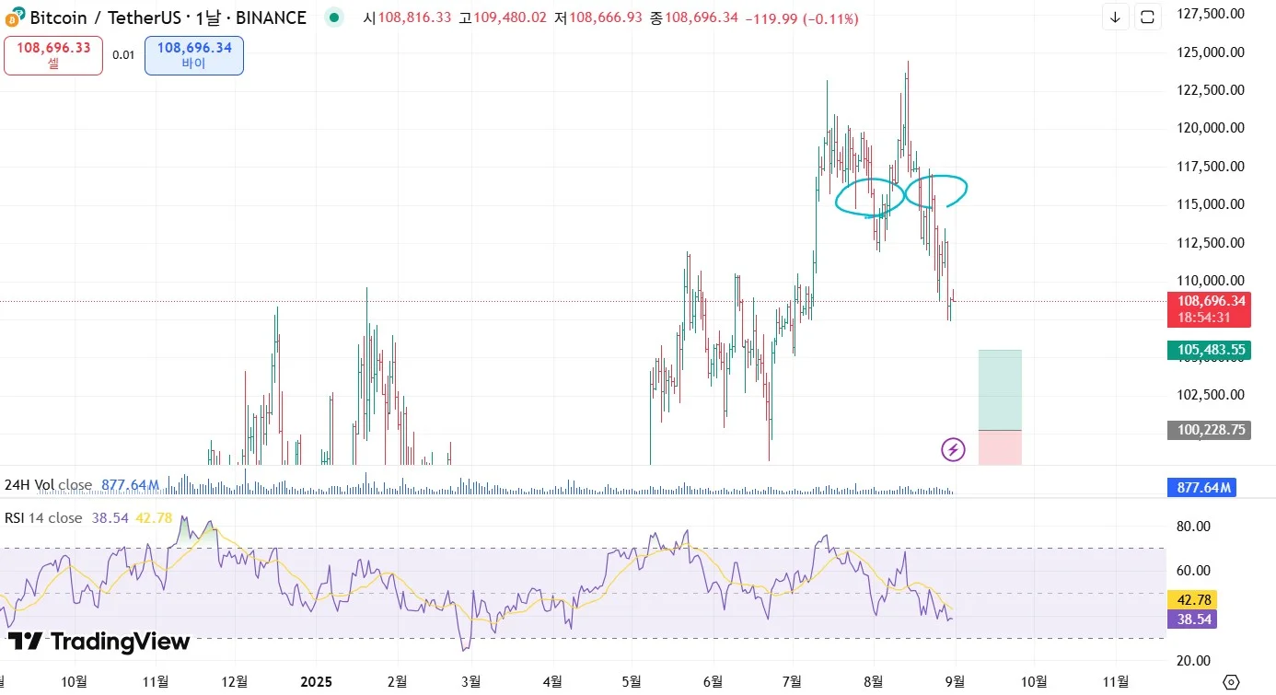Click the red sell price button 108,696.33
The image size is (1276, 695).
coord(53,54)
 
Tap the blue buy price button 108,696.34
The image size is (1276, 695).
coord(193,54)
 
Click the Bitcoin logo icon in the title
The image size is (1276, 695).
coord(14,17)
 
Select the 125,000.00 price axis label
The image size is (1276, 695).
coord(1211,52)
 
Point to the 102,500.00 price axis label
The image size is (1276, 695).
coord(1211,395)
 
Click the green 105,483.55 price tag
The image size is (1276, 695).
coord(1208,350)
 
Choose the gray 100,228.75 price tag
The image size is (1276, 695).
coord(1208,430)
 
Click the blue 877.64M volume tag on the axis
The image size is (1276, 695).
coord(1201,487)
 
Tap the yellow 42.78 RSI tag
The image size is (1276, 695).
coord(1191,599)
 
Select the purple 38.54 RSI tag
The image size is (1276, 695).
coord(1191,620)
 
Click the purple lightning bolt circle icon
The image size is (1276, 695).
coord(953,449)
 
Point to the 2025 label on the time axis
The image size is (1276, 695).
coord(316,681)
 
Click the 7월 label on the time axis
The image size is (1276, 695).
coord(791,681)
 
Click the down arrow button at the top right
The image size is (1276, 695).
coord(1115,17)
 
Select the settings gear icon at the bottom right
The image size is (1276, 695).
coord(1230,681)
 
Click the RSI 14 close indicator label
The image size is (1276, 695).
coord(43,518)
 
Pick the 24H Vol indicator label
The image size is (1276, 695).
coord(48,485)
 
